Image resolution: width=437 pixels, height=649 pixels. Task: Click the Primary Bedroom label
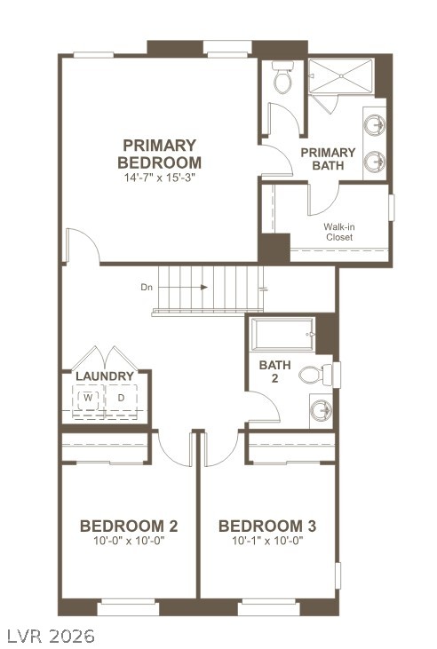coord(160,154)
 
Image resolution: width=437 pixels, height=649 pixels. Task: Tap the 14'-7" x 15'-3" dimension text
coord(160,178)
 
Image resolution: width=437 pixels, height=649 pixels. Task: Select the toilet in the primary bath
coord(283,77)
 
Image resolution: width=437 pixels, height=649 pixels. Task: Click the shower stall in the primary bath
coord(341,76)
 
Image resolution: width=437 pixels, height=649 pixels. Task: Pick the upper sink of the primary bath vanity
coord(375,124)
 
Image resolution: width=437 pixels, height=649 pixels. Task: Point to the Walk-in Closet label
coord(339,232)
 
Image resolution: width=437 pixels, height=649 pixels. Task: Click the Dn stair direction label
coord(147,288)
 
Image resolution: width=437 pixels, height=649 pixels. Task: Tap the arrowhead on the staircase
coord(203,287)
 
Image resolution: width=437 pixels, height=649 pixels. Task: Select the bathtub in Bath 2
coord(283,334)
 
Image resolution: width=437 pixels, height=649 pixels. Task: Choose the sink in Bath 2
coord(322,410)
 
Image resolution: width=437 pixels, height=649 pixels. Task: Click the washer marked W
coord(88,398)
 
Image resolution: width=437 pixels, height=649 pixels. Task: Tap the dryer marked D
coord(121,398)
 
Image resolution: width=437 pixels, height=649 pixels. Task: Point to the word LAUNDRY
coord(105,376)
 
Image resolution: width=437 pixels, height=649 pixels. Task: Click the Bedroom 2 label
coord(129,526)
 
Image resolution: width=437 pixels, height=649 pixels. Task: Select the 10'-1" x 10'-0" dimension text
coord(267,541)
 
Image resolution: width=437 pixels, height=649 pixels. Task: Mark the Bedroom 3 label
coord(267,526)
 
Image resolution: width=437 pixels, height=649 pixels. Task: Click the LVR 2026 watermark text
coord(48,636)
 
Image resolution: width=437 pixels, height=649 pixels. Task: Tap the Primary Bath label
coord(328,159)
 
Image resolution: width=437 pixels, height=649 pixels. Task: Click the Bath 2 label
coord(275,371)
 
